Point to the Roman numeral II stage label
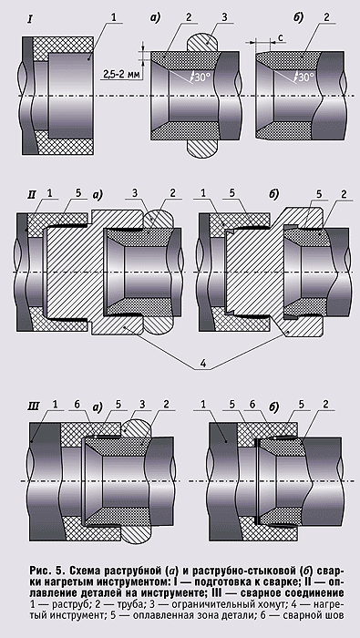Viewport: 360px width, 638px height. click(x=33, y=193)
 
